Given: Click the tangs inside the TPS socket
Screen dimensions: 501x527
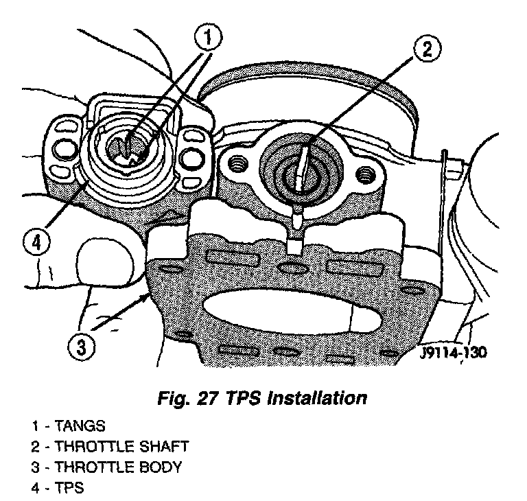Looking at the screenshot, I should [128, 146].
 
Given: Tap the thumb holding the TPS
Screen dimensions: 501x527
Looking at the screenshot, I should [103, 261].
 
